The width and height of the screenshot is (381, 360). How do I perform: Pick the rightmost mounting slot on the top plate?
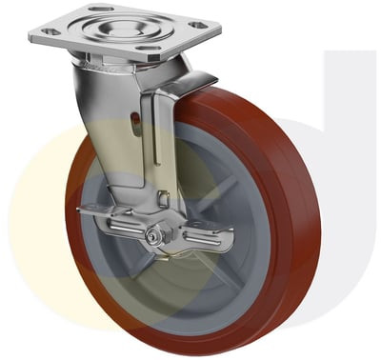(x=197, y=26)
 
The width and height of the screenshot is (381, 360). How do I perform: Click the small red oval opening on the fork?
(x=134, y=121)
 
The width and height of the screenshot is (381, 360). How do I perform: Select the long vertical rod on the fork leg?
(x=155, y=143)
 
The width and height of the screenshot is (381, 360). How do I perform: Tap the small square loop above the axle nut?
(x=163, y=201)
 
